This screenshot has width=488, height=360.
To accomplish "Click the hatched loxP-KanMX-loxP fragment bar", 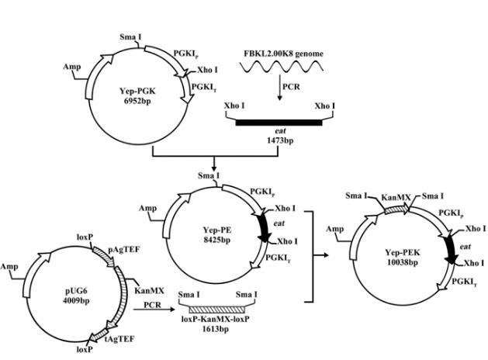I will (x=219, y=307).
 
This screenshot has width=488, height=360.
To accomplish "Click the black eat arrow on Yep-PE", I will (x=263, y=224).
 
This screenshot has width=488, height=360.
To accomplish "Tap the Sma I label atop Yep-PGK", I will (x=130, y=36).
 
